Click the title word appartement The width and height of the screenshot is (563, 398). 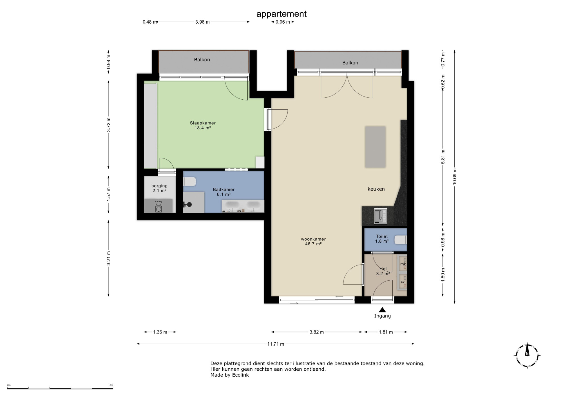(281, 14)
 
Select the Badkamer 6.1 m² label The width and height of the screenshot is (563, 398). (224, 192)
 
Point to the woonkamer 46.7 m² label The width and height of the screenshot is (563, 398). (313, 242)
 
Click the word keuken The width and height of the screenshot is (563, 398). (376, 189)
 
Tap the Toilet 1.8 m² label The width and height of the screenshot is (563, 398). (382, 239)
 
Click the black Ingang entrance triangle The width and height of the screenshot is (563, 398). (382, 310)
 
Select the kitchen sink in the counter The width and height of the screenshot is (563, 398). (381, 216)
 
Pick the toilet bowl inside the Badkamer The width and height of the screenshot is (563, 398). (189, 182)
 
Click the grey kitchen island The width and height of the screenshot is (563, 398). (375, 147)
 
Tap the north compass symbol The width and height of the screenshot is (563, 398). (527, 356)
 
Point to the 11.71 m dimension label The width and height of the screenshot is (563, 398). (276, 344)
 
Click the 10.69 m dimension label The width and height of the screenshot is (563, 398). (455, 176)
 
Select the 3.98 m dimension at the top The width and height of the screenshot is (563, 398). (202, 22)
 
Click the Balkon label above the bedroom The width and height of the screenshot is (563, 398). (202, 60)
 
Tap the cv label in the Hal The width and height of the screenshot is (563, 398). (403, 282)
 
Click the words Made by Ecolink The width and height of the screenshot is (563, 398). (230, 375)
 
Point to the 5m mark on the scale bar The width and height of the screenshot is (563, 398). (111, 385)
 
